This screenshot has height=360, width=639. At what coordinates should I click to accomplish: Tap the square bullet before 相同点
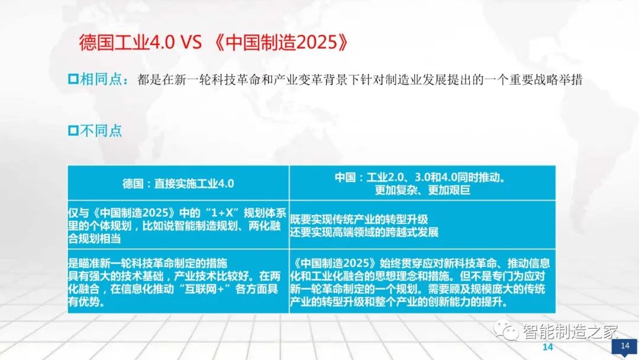(73, 79)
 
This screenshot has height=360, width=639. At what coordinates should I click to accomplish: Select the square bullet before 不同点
(73, 130)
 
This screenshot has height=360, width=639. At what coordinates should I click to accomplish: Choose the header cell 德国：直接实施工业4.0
(178, 183)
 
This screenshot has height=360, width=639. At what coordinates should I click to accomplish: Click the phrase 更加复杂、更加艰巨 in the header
(422, 191)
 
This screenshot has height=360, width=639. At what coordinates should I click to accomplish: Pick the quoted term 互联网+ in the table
(206, 291)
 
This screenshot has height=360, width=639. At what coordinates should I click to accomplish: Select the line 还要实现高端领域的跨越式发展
(364, 232)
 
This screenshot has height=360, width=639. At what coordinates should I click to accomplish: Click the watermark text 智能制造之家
(562, 332)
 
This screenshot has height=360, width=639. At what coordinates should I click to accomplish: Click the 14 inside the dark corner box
(625, 346)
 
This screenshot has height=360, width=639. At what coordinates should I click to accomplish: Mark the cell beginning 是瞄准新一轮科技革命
(178, 282)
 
